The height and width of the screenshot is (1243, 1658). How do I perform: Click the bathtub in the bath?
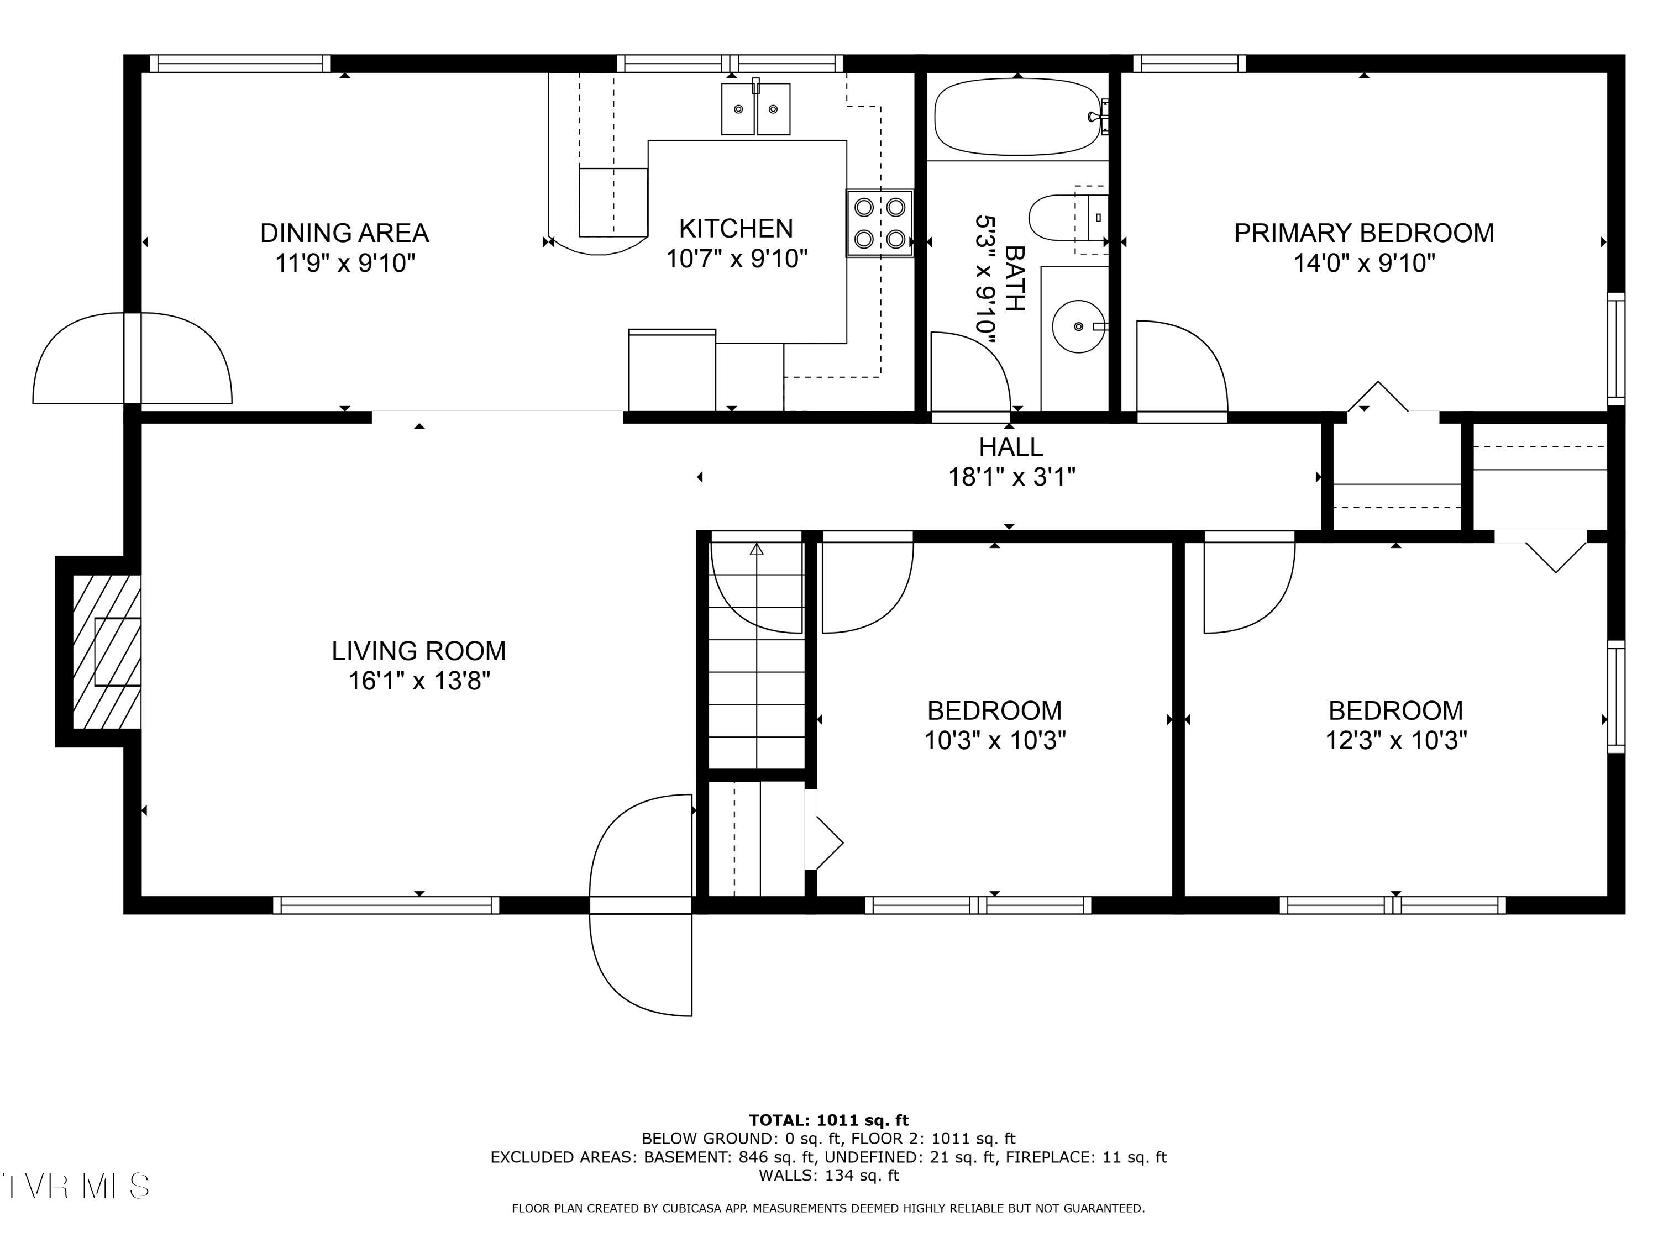1017,117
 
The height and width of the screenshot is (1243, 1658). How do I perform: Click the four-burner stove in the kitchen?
879,223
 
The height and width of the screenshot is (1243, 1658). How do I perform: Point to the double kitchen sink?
755,109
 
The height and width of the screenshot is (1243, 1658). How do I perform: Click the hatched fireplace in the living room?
107,652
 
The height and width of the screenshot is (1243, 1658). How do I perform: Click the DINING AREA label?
344,233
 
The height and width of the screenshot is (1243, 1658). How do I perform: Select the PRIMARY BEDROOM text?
1363,233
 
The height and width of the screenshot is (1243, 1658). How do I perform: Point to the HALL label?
1010,446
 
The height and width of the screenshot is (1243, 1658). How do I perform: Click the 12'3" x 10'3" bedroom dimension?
1395,740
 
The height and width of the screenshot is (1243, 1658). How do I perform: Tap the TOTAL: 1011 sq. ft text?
828,1120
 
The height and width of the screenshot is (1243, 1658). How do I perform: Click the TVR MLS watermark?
75,1187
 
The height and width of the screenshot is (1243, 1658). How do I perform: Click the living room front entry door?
641,905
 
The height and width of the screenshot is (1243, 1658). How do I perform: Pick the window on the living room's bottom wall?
385,905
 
